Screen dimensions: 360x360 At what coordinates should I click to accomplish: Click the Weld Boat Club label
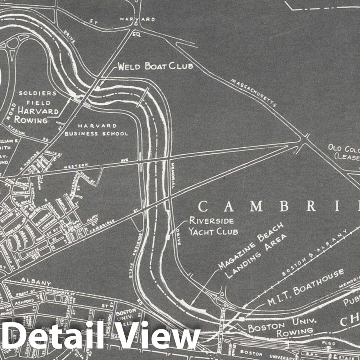(155, 66)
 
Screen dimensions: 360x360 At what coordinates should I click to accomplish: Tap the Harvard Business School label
(96, 129)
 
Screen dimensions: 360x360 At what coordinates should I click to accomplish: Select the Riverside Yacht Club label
(213, 226)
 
